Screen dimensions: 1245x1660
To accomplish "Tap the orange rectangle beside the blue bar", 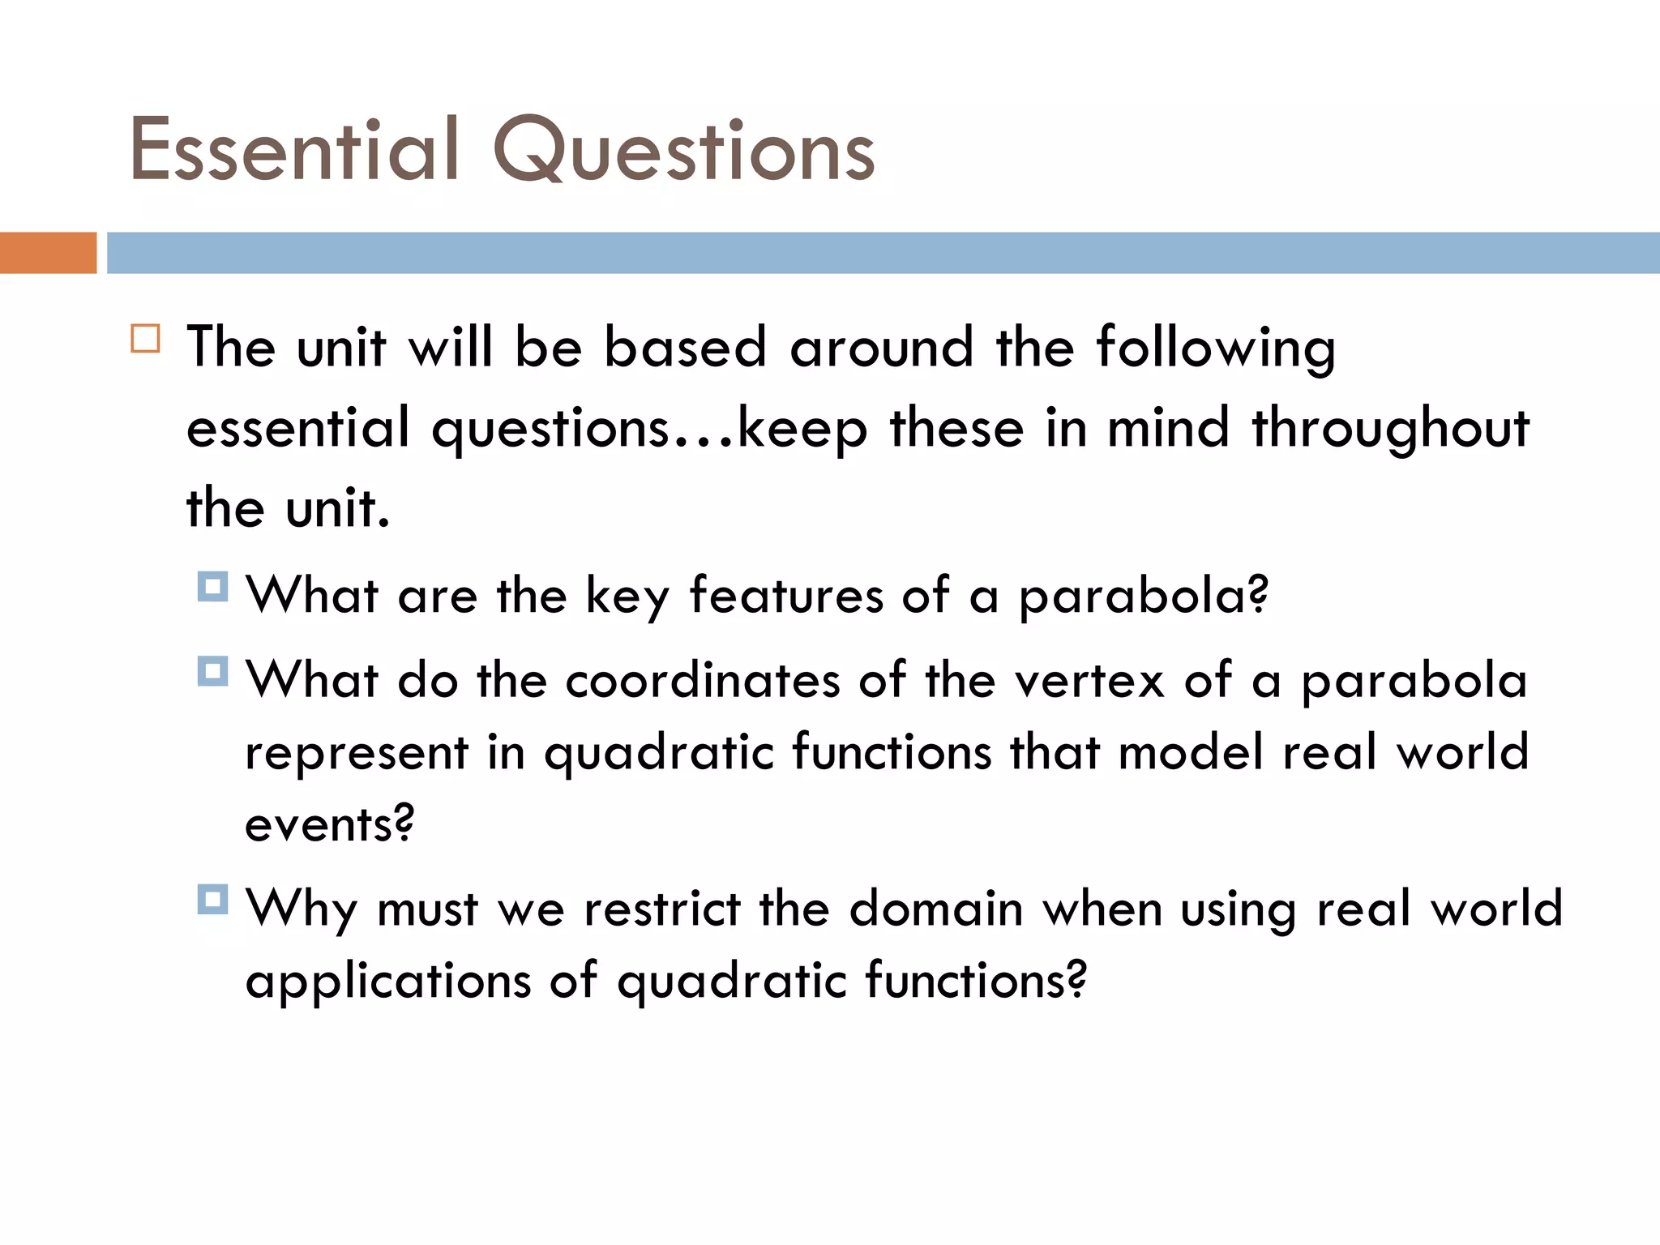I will click(48, 253).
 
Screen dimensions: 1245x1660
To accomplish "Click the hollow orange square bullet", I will click(146, 338).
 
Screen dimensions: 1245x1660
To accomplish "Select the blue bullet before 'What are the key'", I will click(212, 587).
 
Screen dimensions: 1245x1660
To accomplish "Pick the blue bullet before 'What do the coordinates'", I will click(212, 671).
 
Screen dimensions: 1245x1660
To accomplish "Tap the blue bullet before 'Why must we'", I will click(212, 900).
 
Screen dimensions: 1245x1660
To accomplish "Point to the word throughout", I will click(1390, 430).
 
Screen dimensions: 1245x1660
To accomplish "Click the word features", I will click(786, 596).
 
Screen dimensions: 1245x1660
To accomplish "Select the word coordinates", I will click(703, 680).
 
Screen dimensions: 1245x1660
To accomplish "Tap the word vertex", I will click(1089, 680).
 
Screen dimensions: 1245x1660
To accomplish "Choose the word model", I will click(1191, 752).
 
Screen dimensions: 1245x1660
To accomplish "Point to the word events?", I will click(330, 825).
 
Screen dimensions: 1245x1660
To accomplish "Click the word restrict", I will click(662, 909).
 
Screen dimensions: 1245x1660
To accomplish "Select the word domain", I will click(936, 909).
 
